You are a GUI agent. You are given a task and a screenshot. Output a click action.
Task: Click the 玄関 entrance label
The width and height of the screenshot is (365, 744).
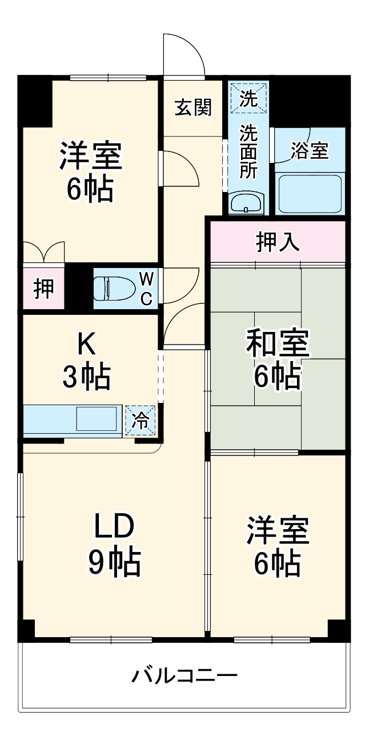(x=193, y=107)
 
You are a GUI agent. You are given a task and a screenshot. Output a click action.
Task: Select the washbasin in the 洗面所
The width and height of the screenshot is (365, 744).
(x=246, y=202)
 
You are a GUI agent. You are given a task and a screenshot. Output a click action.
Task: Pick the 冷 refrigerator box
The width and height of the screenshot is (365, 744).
(x=140, y=420)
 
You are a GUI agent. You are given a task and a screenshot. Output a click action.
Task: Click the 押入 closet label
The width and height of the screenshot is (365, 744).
(x=278, y=242)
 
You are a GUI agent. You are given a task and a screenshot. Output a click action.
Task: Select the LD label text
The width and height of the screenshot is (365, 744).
(x=114, y=527)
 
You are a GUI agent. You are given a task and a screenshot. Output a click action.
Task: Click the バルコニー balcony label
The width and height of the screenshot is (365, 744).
(x=184, y=677)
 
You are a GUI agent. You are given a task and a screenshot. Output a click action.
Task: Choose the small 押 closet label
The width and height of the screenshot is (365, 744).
(x=43, y=288)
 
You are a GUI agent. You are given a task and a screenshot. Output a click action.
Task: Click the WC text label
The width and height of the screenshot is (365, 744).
(x=147, y=288)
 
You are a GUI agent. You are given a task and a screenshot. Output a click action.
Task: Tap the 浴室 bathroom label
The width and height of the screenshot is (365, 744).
(x=309, y=150)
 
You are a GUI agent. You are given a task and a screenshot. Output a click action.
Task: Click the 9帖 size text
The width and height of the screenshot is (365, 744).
(x=114, y=563)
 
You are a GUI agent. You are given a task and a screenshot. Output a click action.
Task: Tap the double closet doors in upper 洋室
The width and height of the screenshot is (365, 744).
(x=44, y=252)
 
